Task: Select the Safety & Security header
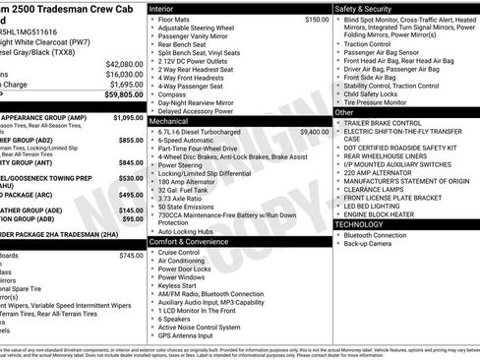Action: pyautogui.click(x=366, y=8)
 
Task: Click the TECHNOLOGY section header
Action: pyautogui.click(x=360, y=224)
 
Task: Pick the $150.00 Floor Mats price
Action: pyautogui.click(x=317, y=19)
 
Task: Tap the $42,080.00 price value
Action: pyautogui.click(x=124, y=63)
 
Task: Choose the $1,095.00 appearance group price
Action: pyautogui.click(x=128, y=117)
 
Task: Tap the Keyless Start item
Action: pyautogui.click(x=180, y=286)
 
